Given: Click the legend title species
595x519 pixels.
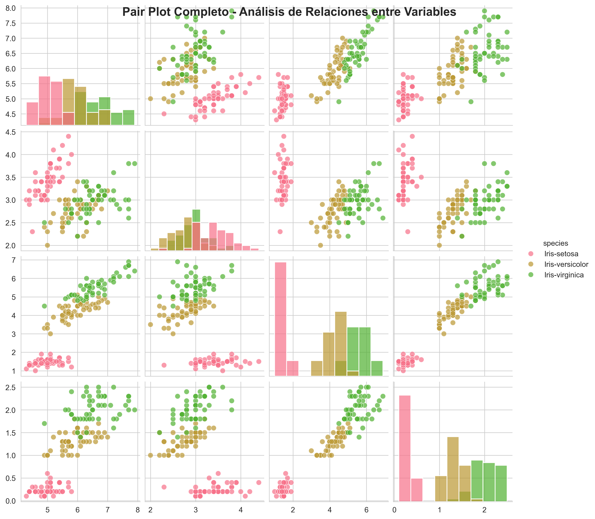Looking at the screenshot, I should click(x=555, y=243).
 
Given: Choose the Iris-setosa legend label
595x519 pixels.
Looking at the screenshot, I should click(x=561, y=254).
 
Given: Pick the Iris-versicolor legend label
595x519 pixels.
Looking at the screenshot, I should click(x=566, y=265).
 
